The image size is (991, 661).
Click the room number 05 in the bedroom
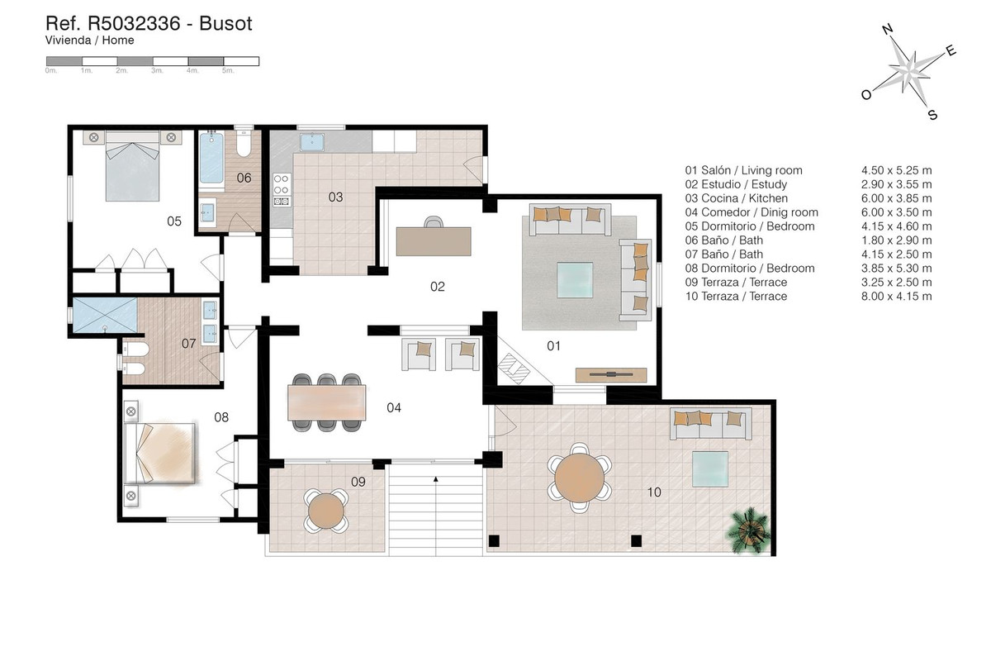coord(174,221)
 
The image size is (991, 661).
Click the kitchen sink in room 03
coord(312,142)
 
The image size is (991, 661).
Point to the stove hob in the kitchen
coord(282,188)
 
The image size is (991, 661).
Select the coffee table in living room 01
coord(574,279)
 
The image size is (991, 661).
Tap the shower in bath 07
coord(105,314)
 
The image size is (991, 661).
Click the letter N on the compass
coord(889,31)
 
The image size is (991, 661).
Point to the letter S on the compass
coord(932,115)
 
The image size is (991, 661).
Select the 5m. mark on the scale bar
coord(229,72)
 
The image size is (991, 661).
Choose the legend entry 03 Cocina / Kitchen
coord(737,198)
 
